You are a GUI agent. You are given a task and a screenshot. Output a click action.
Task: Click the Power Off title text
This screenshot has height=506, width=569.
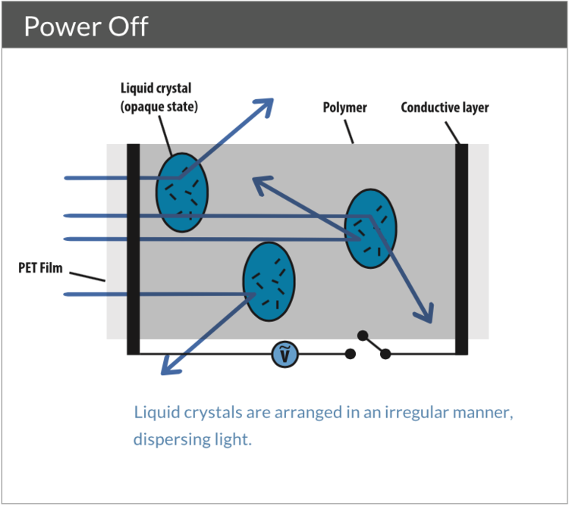(86, 27)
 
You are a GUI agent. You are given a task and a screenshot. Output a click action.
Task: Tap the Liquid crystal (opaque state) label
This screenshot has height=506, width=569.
(159, 98)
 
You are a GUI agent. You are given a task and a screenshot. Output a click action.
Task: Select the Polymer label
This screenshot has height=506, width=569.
(344, 108)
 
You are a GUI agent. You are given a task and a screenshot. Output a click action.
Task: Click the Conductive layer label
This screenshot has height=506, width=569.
(445, 108)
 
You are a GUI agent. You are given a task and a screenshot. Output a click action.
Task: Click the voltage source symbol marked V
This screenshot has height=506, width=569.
(284, 354)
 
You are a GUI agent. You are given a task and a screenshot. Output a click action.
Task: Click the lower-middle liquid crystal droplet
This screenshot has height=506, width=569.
(269, 282)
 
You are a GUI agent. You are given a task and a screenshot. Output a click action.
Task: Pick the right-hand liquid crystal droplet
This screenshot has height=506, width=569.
(370, 227)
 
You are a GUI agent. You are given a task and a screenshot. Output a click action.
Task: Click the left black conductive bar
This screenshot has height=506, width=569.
(134, 248)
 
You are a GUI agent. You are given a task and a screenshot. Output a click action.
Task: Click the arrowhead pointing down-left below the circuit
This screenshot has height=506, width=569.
(168, 367)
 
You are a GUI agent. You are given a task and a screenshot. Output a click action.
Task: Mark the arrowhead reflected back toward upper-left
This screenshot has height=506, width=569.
(260, 183)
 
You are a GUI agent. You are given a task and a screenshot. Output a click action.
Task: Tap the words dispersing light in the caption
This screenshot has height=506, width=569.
(191, 439)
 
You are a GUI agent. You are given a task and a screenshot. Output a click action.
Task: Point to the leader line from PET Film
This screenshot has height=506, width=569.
(90, 276)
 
